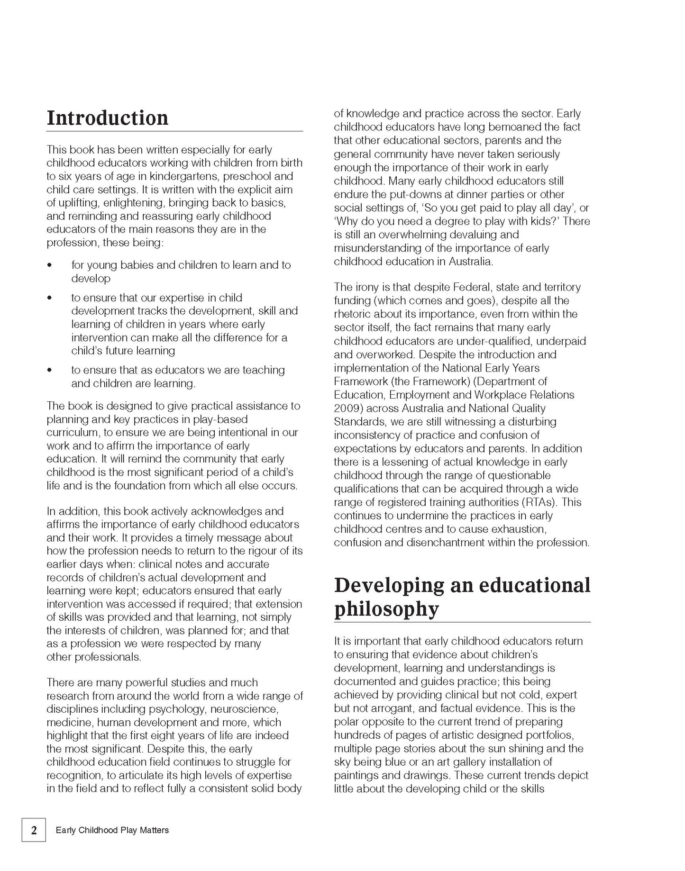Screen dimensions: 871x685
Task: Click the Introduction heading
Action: (108, 118)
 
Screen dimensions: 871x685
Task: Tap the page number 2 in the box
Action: (34, 843)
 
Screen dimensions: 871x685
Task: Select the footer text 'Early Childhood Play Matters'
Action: (112, 844)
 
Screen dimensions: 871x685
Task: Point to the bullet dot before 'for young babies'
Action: (50, 265)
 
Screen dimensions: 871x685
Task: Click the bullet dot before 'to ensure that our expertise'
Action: (50, 298)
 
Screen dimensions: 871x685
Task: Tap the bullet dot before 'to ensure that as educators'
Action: (50, 370)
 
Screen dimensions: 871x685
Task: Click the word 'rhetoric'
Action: (353, 314)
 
